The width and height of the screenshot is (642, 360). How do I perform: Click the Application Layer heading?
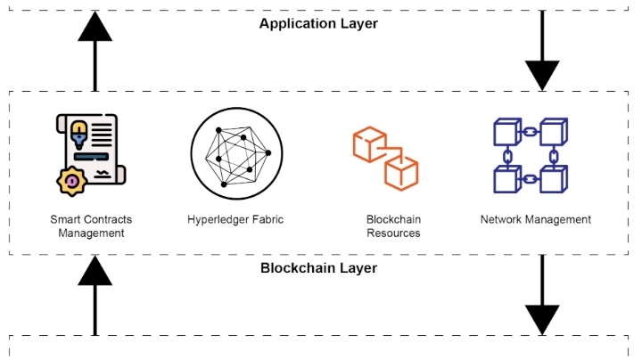click(318, 23)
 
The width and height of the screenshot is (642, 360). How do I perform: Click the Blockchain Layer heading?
click(318, 267)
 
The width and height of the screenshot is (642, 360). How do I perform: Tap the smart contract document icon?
click(86, 151)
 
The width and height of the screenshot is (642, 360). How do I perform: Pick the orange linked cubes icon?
click(385, 158)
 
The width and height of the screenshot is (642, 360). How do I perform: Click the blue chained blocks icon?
click(531, 155)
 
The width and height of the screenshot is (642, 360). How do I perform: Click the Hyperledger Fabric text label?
click(235, 219)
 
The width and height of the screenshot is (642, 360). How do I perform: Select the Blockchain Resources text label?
click(393, 226)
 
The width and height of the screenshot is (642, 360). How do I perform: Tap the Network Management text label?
click(535, 219)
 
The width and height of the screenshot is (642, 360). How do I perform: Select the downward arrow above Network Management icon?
click(541, 53)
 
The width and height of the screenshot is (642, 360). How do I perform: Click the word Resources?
click(393, 233)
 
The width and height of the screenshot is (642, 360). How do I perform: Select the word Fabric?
click(267, 219)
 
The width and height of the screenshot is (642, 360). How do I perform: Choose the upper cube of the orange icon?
click(368, 143)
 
